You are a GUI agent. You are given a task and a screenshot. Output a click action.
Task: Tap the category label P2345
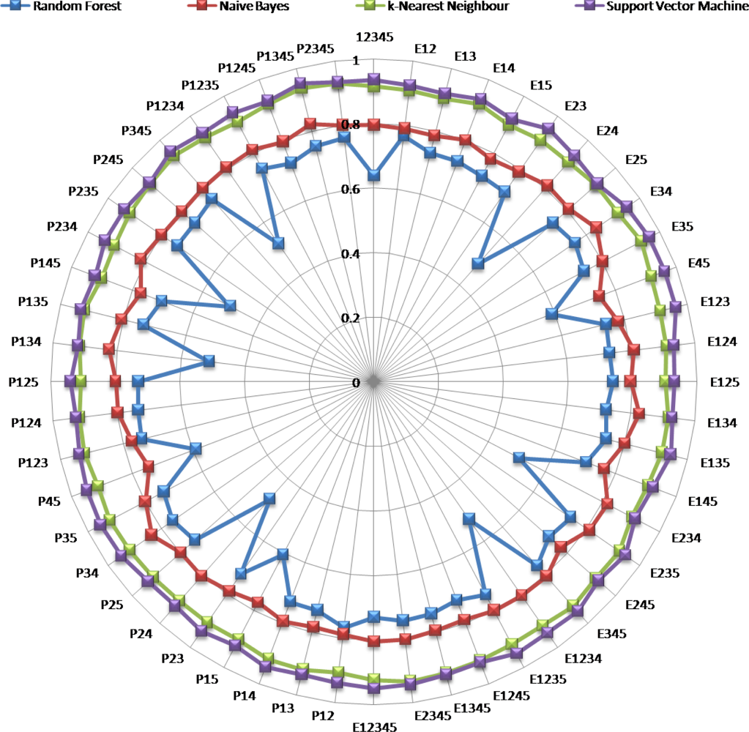click(x=316, y=49)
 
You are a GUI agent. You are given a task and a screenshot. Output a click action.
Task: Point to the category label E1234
click(x=582, y=657)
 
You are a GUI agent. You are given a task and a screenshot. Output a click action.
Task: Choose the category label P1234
click(x=165, y=107)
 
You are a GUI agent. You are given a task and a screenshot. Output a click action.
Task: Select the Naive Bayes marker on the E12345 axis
click(x=374, y=642)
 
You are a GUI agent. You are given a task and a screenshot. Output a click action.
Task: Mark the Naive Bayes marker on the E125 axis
click(x=630, y=381)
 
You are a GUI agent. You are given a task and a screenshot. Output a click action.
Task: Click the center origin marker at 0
click(x=374, y=381)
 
